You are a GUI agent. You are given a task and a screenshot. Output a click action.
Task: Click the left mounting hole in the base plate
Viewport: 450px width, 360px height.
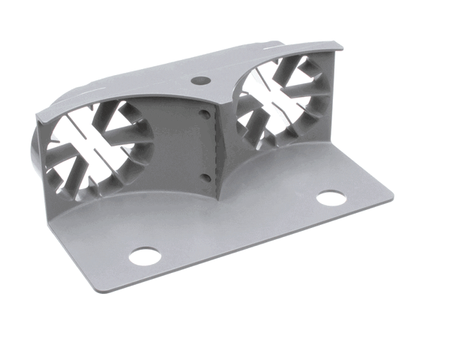click(x=144, y=256)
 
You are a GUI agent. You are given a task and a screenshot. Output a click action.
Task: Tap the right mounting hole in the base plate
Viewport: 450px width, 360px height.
click(x=331, y=198)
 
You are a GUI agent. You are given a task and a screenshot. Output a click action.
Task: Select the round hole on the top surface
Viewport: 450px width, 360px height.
click(x=199, y=79)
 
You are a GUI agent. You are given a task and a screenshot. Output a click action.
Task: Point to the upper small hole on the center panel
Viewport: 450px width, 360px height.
click(x=204, y=114)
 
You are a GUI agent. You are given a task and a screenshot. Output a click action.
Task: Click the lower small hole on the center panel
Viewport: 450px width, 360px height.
click(x=205, y=177)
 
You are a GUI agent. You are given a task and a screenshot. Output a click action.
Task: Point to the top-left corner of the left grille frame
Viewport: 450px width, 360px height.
click(x=37, y=112)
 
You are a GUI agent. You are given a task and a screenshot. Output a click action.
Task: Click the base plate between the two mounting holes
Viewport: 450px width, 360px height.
click(x=240, y=225)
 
